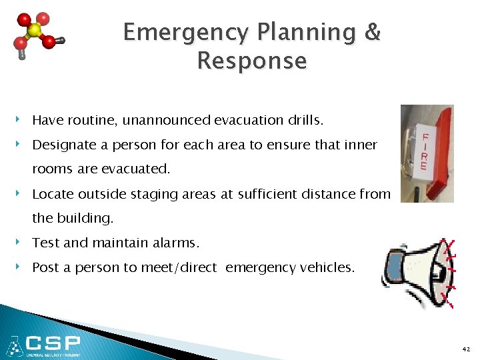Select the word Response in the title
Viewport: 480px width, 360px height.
252,61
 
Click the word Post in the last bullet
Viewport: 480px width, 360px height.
45,267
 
